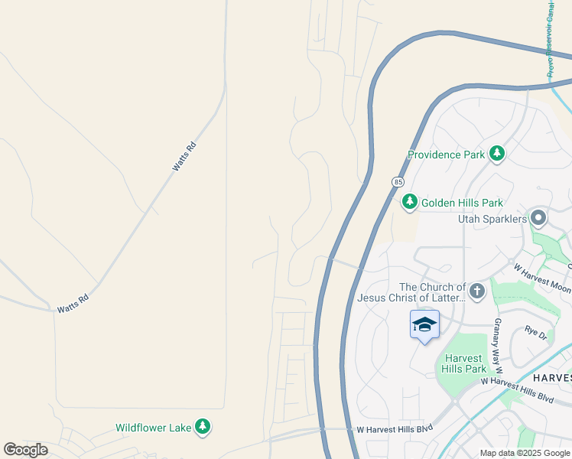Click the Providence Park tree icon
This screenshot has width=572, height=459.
tap(497, 154)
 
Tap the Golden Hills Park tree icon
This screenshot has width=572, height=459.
tap(410, 202)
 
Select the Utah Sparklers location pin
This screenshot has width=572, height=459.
tap(538, 219)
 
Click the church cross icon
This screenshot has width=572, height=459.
tap(476, 291)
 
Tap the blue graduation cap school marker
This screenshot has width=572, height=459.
tap(424, 325)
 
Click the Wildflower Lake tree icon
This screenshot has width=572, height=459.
tap(202, 427)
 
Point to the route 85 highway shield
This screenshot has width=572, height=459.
tap(398, 182)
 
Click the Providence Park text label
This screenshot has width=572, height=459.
tap(446, 155)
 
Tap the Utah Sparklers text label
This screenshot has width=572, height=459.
tap(492, 220)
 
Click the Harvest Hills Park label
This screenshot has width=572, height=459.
tap(463, 363)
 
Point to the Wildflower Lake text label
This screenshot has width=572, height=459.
tap(153, 428)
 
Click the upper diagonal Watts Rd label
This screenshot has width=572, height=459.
tap(184, 155)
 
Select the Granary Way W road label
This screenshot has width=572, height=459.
tap(497, 342)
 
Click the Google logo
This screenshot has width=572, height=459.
tap(25, 449)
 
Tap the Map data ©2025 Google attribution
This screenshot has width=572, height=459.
tap(524, 453)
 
